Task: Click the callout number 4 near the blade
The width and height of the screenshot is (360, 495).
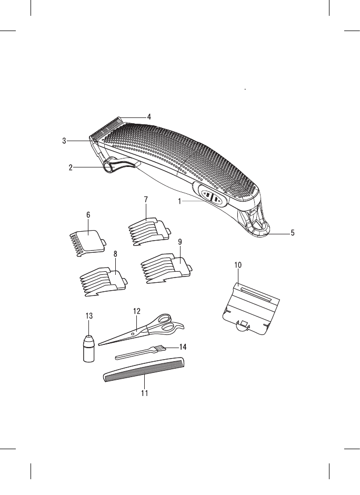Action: tap(149, 116)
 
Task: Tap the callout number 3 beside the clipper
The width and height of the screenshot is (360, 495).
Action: tap(64, 141)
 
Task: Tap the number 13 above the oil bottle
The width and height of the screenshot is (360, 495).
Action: tap(89, 316)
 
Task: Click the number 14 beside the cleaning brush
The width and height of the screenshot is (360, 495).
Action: tap(183, 346)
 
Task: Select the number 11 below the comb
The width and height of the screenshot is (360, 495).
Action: tap(144, 392)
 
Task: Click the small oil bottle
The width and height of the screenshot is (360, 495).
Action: tap(89, 349)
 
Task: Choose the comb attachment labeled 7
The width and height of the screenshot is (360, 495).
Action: tap(149, 230)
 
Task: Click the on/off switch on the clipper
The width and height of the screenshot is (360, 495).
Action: tap(212, 199)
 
